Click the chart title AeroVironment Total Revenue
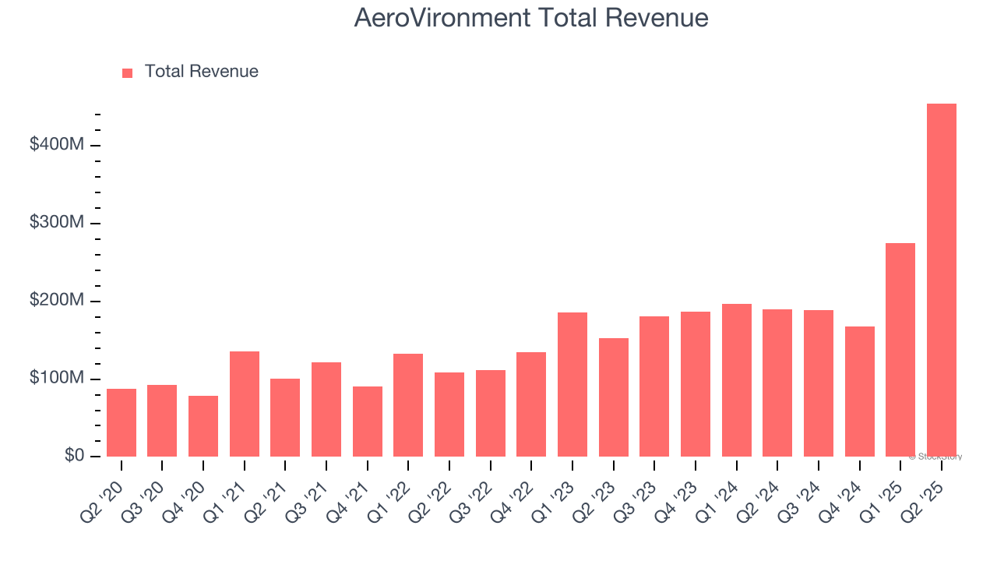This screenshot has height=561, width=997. (531, 18)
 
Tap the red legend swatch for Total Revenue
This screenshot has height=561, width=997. (128, 72)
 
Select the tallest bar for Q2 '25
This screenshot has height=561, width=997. (942, 280)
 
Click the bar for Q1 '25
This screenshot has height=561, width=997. (900, 350)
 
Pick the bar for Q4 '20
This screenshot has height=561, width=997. (203, 426)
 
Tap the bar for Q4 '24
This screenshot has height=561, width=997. (860, 391)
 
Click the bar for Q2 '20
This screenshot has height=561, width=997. (122, 422)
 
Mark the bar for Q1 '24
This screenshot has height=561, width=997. (737, 380)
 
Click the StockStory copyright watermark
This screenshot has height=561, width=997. (935, 457)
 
